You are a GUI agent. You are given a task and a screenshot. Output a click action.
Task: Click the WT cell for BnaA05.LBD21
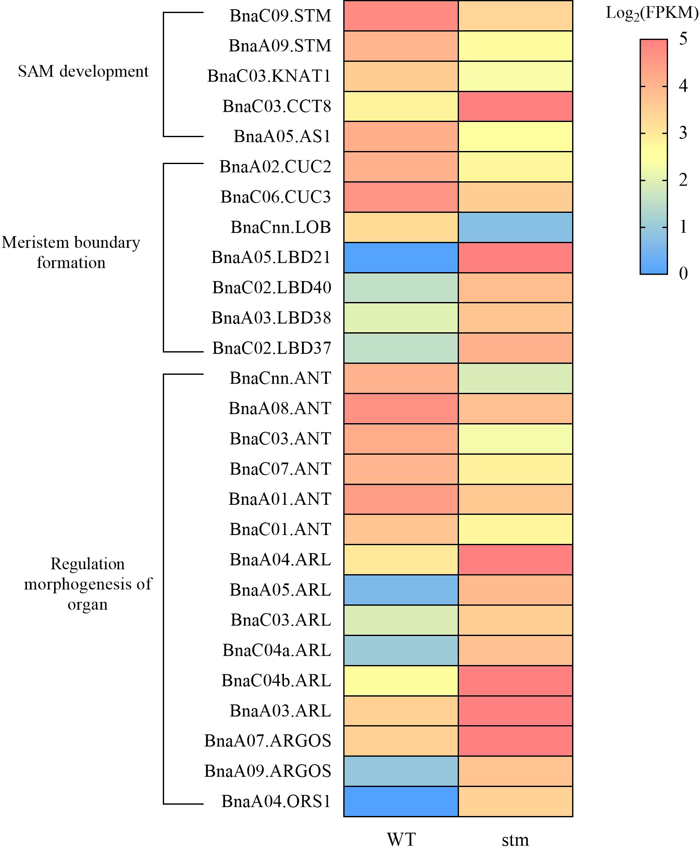401,257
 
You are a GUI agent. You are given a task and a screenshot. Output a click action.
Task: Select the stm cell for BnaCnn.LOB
515,227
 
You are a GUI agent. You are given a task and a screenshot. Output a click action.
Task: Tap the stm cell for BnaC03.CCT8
515,106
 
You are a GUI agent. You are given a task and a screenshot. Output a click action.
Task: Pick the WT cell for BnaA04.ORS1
401,801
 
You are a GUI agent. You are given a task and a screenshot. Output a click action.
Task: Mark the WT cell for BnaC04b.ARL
401,681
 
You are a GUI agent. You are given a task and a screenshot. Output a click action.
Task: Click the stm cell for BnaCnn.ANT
515,378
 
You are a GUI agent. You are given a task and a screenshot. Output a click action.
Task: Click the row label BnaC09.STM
280,16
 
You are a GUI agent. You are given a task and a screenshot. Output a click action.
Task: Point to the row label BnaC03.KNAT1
269,76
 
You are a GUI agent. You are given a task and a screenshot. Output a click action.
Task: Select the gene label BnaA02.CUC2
275,167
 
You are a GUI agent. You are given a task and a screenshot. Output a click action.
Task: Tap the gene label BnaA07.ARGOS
268,741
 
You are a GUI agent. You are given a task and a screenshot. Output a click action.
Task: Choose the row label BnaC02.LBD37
272,348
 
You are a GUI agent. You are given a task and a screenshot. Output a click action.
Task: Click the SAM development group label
83,72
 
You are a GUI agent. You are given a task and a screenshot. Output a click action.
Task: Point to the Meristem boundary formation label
71,252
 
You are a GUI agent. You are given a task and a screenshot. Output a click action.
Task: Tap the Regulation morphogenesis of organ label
87,584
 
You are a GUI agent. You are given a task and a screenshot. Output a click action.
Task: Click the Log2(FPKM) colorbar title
652,13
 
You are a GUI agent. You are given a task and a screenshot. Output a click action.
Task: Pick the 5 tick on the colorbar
683,39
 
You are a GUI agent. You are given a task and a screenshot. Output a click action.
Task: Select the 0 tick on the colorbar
683,273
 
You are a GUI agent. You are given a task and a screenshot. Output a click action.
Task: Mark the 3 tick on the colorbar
683,133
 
